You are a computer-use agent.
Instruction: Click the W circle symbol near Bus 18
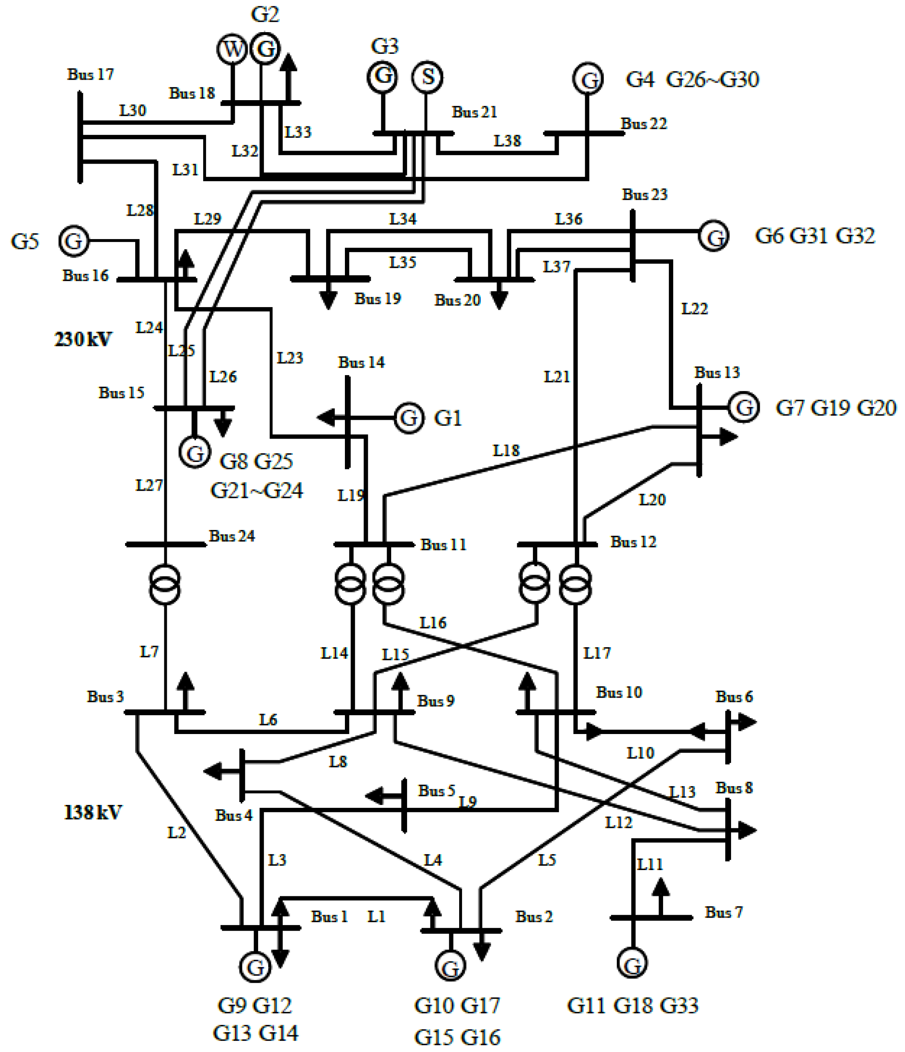point(232,49)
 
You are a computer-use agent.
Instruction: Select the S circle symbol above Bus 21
point(427,77)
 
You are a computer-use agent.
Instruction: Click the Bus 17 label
point(90,75)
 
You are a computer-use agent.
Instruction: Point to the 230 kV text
point(83,339)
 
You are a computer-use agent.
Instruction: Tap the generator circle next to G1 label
point(409,417)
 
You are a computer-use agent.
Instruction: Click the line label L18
point(506,450)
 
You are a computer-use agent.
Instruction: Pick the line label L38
point(507,141)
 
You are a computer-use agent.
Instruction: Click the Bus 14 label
point(361,363)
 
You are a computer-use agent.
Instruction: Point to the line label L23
point(290,358)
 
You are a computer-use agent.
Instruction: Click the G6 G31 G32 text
point(814,236)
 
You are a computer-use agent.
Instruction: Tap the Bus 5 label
point(436,790)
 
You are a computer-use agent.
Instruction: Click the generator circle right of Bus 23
point(714,236)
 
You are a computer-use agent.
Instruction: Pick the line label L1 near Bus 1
point(377,916)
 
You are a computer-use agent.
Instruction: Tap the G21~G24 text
point(256,490)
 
